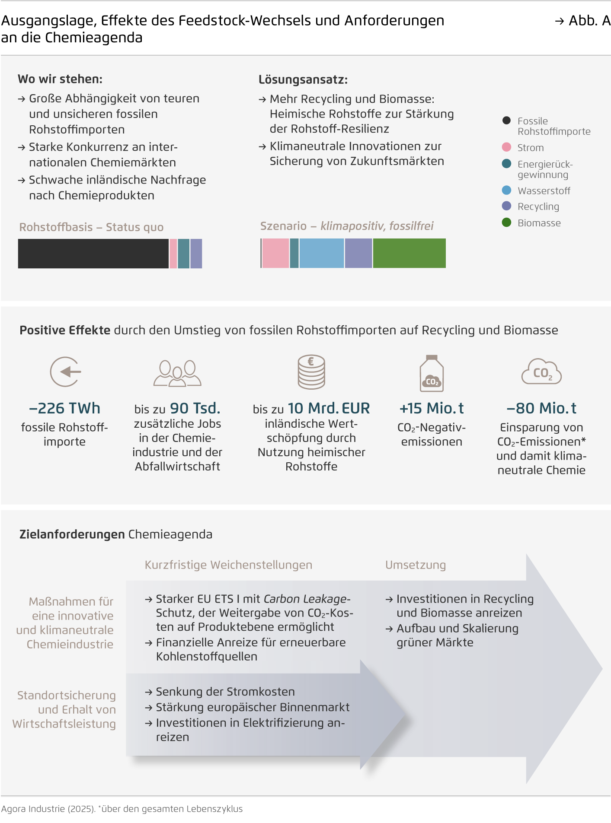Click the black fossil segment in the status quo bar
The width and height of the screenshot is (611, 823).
(93, 254)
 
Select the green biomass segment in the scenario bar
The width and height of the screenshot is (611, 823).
(409, 253)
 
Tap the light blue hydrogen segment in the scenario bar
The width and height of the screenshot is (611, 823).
(322, 253)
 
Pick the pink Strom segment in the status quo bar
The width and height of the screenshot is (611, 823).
(173, 254)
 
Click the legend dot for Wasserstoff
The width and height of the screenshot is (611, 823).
(506, 191)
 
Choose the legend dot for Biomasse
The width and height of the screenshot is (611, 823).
(506, 222)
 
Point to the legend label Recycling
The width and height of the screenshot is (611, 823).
(538, 207)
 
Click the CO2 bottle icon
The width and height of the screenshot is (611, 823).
(432, 373)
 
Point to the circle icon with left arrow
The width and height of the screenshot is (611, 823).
(65, 372)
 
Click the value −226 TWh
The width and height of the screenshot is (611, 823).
(64, 408)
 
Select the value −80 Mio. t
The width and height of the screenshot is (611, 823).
(541, 408)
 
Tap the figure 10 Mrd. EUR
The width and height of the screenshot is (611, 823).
(329, 408)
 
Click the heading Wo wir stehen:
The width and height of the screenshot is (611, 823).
(60, 79)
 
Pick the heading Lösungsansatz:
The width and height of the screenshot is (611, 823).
(303, 79)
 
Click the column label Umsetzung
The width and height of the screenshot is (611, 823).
(416, 565)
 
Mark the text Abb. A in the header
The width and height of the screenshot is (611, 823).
(589, 21)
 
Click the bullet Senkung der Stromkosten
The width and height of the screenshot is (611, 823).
(225, 692)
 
